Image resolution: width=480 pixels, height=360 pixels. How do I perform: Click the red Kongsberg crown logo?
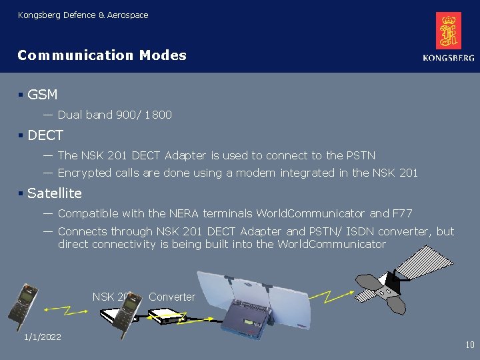click(449, 31)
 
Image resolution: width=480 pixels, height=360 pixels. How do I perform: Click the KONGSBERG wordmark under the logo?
click(448, 59)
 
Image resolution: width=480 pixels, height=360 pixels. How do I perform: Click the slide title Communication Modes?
click(102, 55)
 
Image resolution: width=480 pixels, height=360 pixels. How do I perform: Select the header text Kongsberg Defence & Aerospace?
click(83, 15)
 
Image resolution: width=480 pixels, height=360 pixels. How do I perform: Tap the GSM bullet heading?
click(43, 95)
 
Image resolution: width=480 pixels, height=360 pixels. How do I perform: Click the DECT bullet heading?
click(45, 135)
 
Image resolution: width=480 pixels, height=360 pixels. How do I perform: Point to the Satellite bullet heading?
click(55, 193)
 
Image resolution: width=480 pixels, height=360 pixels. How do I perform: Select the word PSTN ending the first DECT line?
click(361, 155)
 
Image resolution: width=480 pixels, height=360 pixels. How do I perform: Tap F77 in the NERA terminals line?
click(402, 213)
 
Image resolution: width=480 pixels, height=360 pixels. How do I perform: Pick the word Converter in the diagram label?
click(172, 297)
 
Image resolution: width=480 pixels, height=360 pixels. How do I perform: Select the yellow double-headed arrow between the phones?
click(63, 309)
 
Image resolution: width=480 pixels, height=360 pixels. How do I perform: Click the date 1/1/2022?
click(42, 337)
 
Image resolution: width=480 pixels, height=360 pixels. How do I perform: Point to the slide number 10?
click(469, 345)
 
